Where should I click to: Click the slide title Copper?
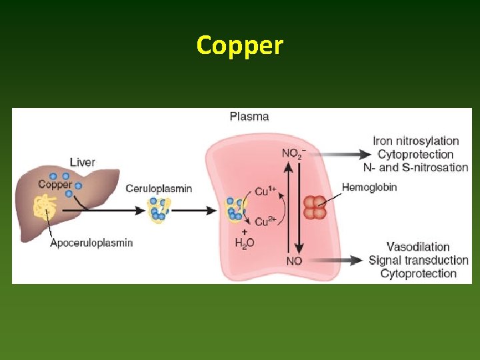point(240,45)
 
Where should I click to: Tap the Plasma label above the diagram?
point(249,117)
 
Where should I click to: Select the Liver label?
point(83,162)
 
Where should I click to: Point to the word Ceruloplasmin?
point(159,189)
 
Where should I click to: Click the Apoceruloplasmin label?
point(92,243)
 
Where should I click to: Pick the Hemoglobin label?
point(369,187)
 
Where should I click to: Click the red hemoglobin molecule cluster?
point(315,207)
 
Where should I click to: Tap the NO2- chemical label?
point(293,154)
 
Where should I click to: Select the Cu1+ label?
point(265,191)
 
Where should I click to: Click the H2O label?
point(245,243)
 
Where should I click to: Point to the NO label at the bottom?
point(294,261)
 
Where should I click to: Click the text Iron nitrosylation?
point(416,141)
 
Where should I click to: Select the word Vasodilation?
point(418,247)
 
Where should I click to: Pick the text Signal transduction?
point(419,260)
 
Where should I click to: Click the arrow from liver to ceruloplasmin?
point(100,211)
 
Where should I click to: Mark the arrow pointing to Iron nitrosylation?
point(340,154)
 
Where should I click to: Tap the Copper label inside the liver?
point(55,185)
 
